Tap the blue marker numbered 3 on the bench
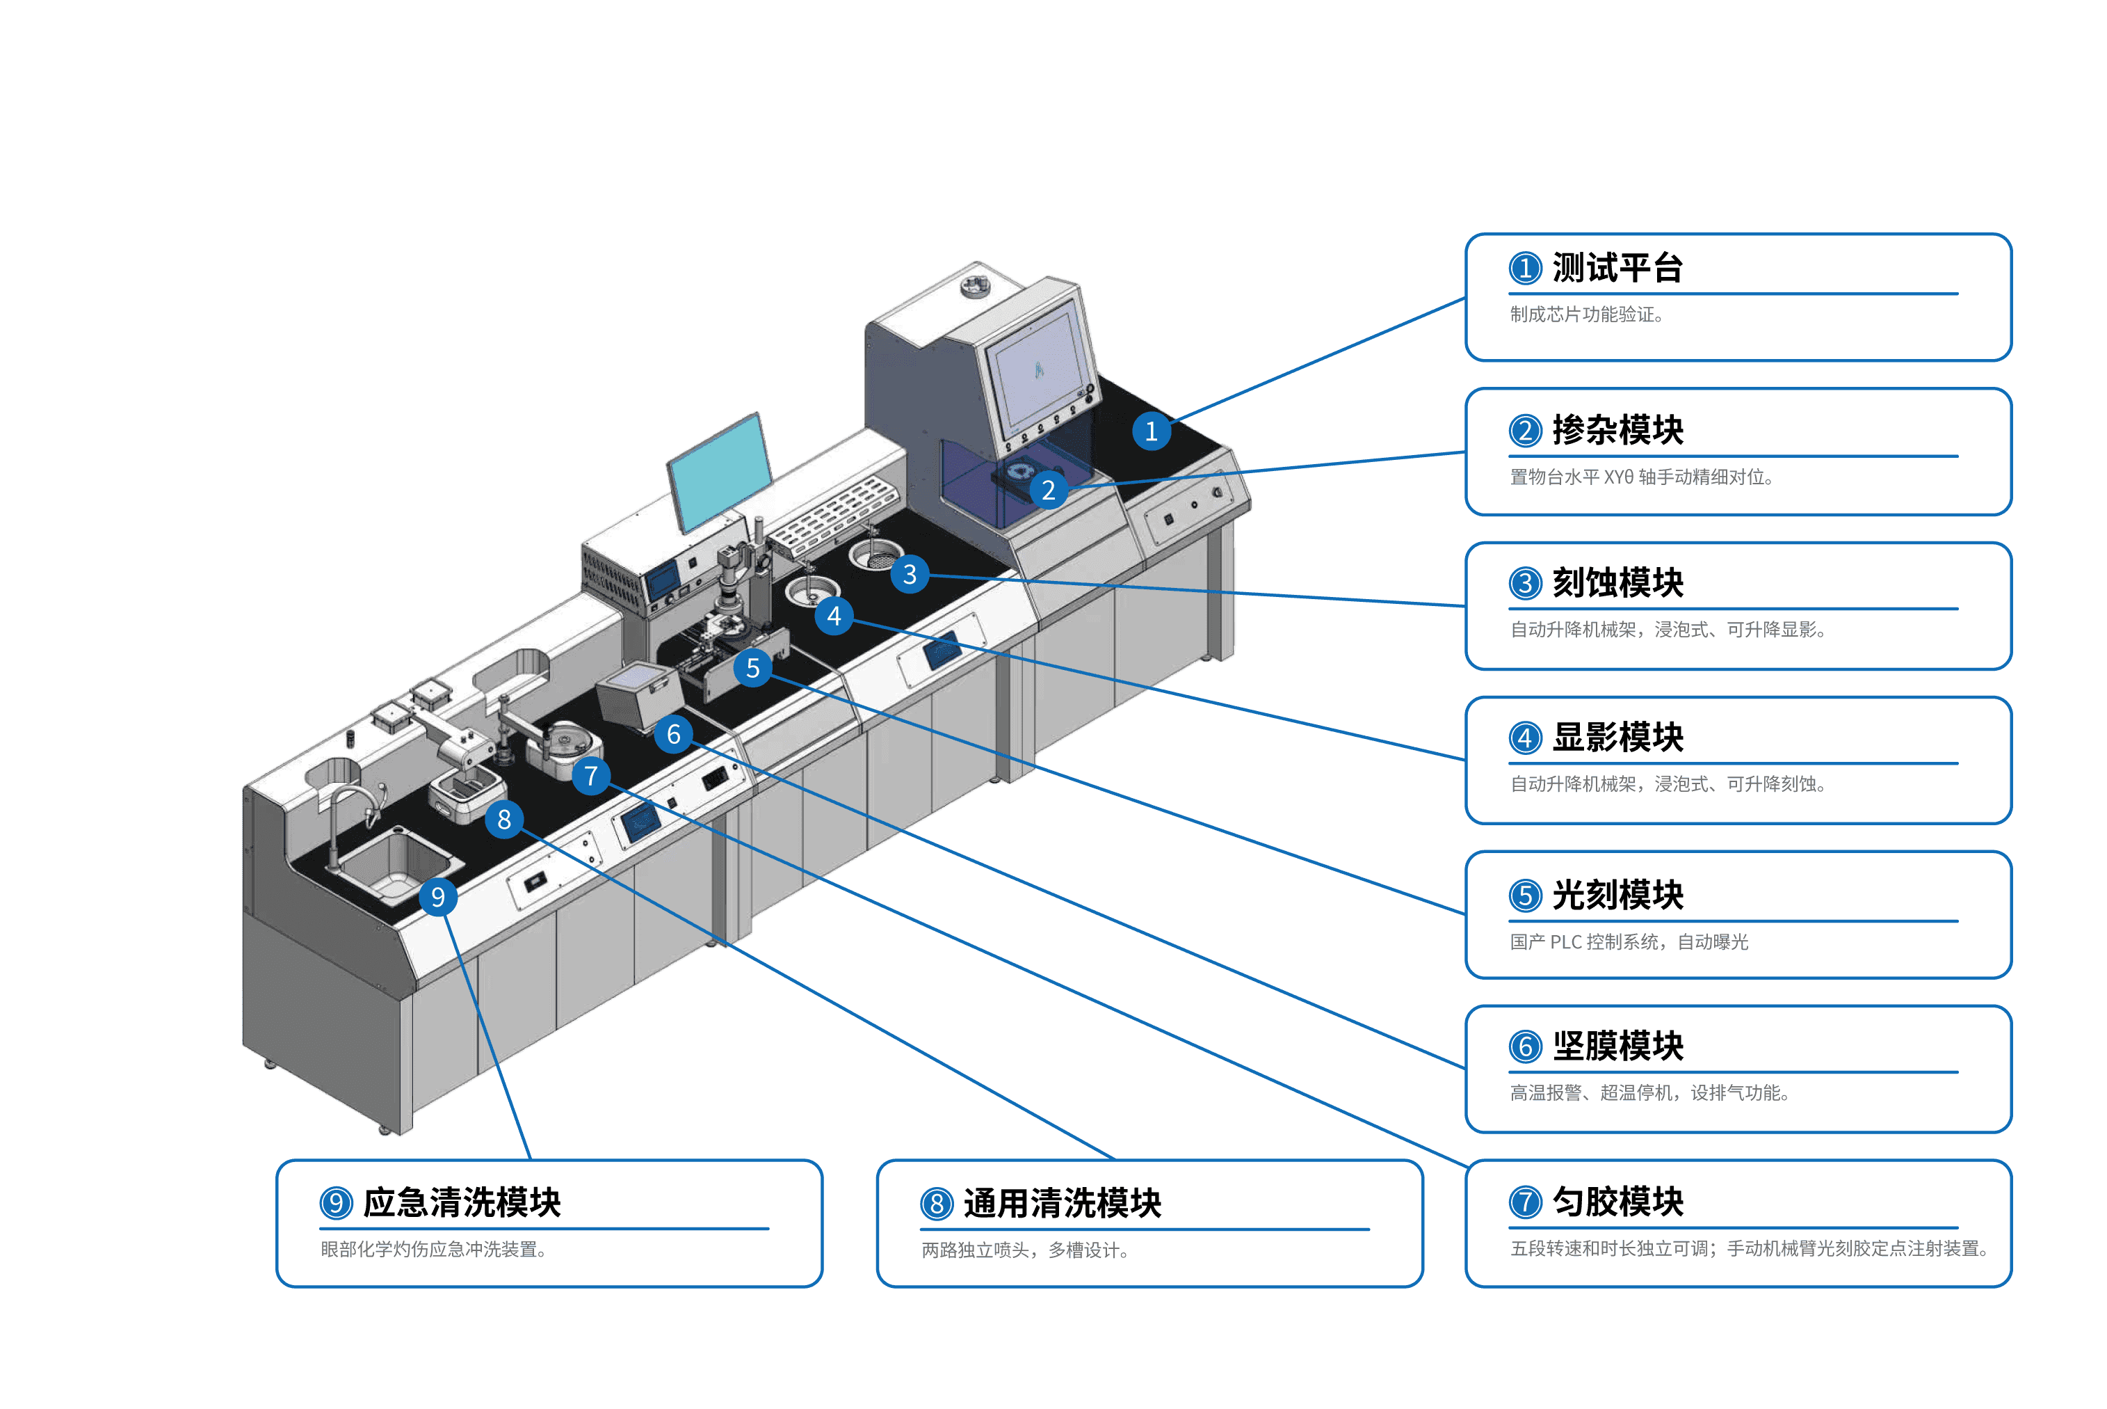pos(910,573)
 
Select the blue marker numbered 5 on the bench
pos(752,668)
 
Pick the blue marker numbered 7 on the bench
pos(591,776)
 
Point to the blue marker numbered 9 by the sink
pos(437,897)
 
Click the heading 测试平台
pos(1617,268)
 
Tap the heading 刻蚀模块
pos(1617,583)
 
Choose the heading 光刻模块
pos(1617,895)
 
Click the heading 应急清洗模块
pos(462,1202)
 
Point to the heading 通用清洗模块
pos(1063,1203)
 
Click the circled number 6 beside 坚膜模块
pos(1525,1047)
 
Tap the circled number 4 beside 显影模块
pos(1525,738)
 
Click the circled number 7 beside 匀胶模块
pos(1525,1202)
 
